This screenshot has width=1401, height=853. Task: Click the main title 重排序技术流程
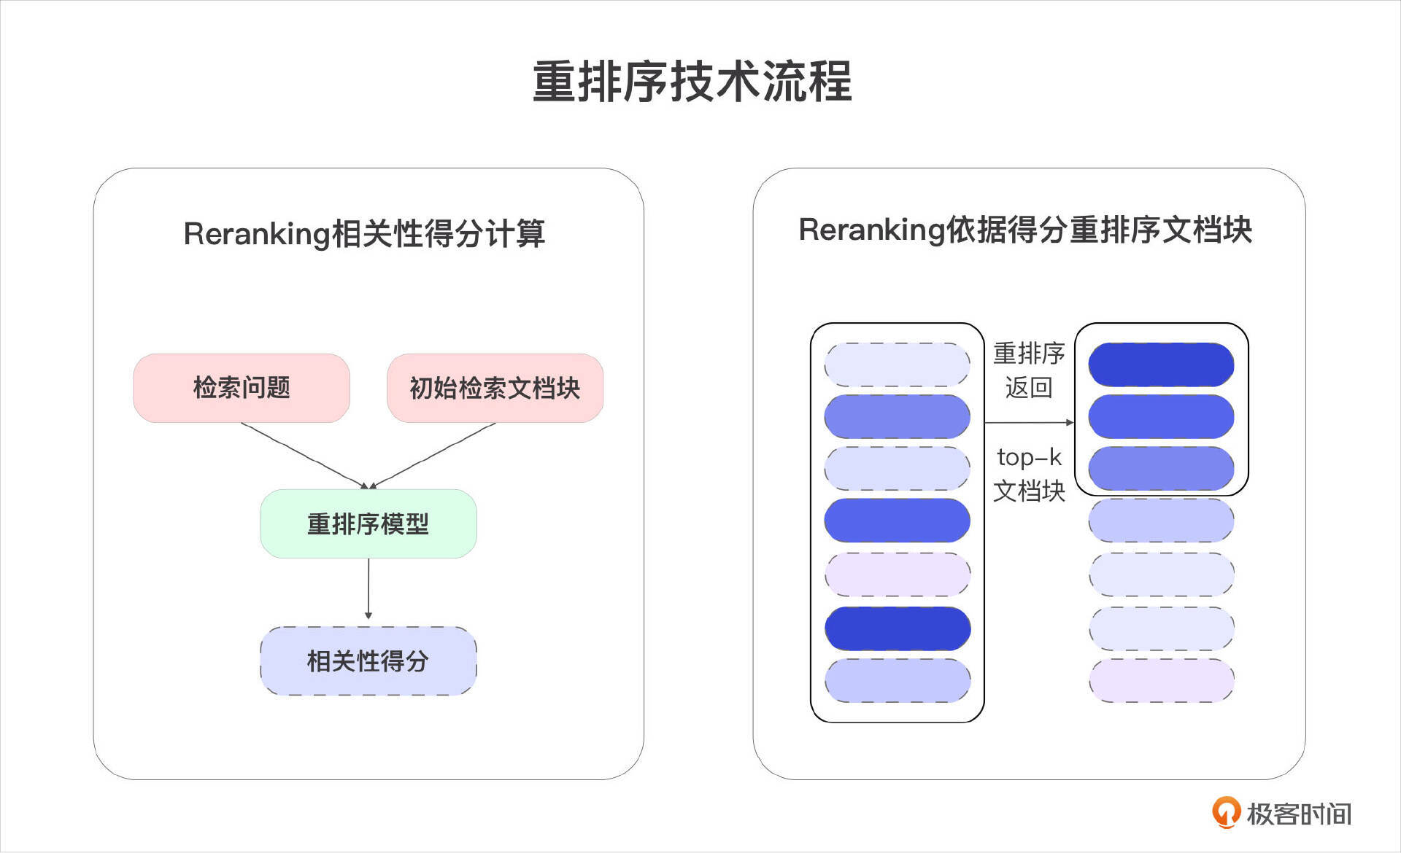692,81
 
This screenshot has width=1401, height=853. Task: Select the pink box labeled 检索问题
242,388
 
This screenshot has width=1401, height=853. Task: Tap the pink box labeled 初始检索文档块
495,388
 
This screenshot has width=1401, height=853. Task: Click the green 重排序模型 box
368,523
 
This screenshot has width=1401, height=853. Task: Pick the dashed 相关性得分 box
368,661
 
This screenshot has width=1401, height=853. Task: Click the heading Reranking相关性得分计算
364,234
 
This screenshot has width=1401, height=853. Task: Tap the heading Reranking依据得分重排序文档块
1025,230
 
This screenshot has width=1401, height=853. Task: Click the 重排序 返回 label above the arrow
1029,370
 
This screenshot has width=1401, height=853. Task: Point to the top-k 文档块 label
1029,474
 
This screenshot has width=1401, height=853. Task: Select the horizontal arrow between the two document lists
1029,422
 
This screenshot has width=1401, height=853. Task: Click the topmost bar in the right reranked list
1161,365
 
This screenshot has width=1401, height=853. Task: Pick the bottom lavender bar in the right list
1161,681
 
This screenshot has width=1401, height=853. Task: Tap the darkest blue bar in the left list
898,628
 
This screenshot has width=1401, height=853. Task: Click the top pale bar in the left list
898,365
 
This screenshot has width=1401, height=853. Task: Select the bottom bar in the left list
898,681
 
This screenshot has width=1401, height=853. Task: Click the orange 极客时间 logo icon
1226,812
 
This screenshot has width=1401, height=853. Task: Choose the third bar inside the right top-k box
1161,468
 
